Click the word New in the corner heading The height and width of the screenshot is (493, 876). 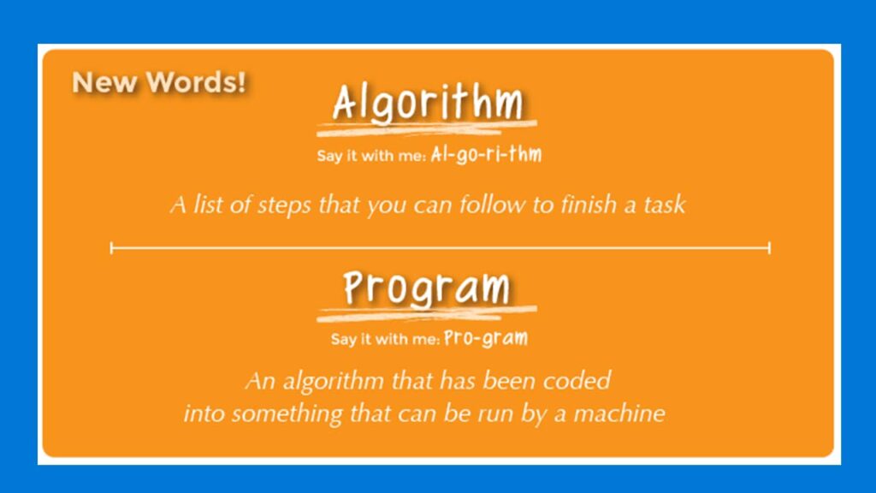[x=104, y=82]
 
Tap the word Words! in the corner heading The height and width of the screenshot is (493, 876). [x=196, y=82]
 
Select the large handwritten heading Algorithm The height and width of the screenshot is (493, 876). [x=428, y=104]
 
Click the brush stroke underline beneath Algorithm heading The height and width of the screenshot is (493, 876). [x=427, y=128]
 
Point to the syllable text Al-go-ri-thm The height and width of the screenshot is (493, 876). [x=486, y=154]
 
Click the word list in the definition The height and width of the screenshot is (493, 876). [x=206, y=205]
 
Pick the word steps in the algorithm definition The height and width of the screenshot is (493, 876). [x=284, y=205]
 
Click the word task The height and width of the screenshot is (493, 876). [x=665, y=205]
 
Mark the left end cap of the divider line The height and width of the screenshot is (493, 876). [x=112, y=247]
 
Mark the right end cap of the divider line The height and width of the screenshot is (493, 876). [x=769, y=247]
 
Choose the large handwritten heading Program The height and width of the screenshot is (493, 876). [x=427, y=288]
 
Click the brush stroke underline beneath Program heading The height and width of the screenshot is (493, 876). [x=427, y=313]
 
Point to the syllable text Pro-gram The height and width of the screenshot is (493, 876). [x=486, y=338]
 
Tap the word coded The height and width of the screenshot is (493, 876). [x=577, y=381]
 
